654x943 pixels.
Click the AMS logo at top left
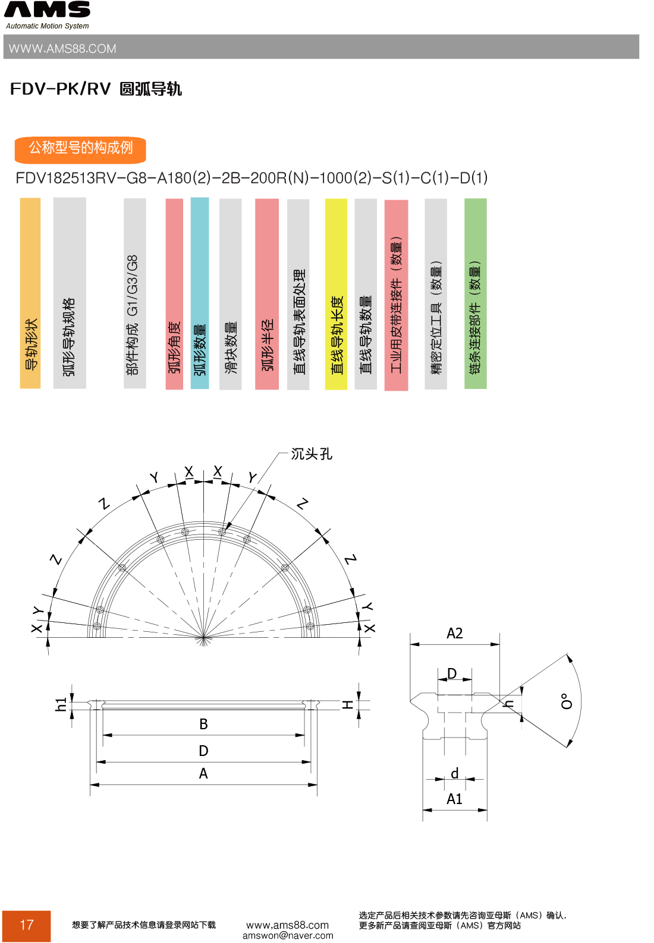tap(47, 10)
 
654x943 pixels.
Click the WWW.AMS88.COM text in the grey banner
tap(62, 49)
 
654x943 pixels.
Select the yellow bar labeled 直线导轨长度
tap(336, 294)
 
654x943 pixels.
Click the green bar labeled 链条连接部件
tap(475, 294)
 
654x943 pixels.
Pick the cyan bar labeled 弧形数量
tap(200, 294)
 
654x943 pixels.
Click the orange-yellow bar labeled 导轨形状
tap(30, 294)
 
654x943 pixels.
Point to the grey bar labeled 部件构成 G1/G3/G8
tap(134, 294)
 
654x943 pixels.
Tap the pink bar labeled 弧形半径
tap(267, 294)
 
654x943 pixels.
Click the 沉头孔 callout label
tap(311, 454)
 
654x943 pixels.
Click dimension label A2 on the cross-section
tap(454, 634)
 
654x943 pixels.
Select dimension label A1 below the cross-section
tap(454, 799)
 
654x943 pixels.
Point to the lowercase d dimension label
tap(454, 773)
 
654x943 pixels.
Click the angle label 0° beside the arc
tap(567, 701)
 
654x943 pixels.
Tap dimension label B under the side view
tap(203, 724)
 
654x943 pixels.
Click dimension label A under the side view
tap(203, 774)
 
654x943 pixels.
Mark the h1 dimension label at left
tap(60, 705)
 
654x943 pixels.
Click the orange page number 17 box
tap(26, 925)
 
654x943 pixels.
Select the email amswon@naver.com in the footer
tap(288, 936)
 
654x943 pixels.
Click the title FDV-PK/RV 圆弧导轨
tap(96, 89)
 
